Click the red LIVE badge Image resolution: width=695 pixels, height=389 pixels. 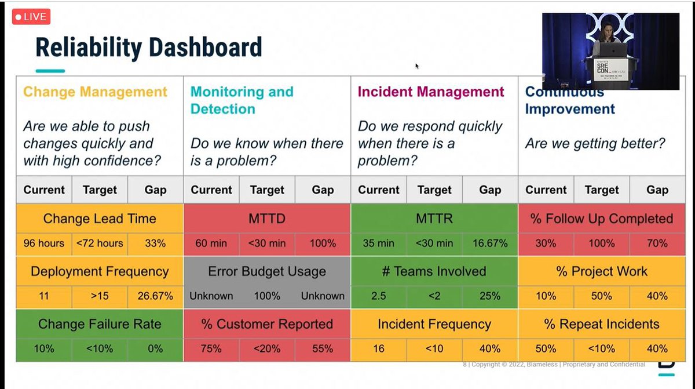[x=31, y=17]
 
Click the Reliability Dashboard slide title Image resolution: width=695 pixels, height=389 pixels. [x=148, y=48]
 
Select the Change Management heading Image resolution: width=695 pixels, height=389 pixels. [x=95, y=92]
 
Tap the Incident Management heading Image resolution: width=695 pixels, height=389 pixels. [x=431, y=92]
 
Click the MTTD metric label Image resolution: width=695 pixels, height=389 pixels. [x=267, y=219]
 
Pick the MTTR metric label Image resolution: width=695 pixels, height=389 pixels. [x=434, y=219]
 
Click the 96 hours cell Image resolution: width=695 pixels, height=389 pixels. [x=44, y=243]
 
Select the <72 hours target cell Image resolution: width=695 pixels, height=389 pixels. [x=100, y=243]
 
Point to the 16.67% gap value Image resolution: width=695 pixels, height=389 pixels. [x=489, y=243]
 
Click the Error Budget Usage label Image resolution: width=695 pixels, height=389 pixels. [x=267, y=271]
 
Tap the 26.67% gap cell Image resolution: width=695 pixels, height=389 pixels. [x=155, y=296]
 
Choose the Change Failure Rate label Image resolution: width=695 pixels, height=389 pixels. [x=100, y=324]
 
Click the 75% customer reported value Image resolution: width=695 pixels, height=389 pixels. [x=211, y=349]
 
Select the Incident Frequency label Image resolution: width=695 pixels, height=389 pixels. [x=434, y=324]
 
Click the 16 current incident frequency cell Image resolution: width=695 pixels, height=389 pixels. [x=379, y=349]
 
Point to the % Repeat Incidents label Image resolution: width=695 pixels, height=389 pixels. [x=601, y=324]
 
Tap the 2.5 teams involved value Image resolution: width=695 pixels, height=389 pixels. [x=379, y=296]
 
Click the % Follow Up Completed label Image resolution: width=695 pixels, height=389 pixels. [x=601, y=219]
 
